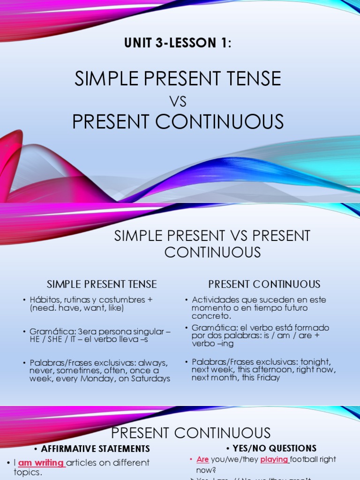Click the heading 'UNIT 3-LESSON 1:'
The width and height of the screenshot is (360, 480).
click(x=178, y=44)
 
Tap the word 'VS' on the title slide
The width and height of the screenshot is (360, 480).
click(x=178, y=101)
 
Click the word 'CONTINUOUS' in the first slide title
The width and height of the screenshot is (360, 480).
click(x=219, y=122)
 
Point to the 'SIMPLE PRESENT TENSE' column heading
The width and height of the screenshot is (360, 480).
click(x=102, y=284)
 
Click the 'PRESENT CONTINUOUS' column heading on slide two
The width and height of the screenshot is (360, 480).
click(x=264, y=284)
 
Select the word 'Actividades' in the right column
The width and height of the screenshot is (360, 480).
click(x=215, y=300)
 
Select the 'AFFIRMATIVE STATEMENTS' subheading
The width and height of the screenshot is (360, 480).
click(x=96, y=449)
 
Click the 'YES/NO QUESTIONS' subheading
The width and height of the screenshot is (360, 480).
click(x=275, y=449)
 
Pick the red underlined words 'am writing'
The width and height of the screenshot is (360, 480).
click(x=41, y=463)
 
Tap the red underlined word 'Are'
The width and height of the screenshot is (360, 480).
click(x=202, y=460)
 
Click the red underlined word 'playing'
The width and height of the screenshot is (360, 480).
click(x=274, y=460)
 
